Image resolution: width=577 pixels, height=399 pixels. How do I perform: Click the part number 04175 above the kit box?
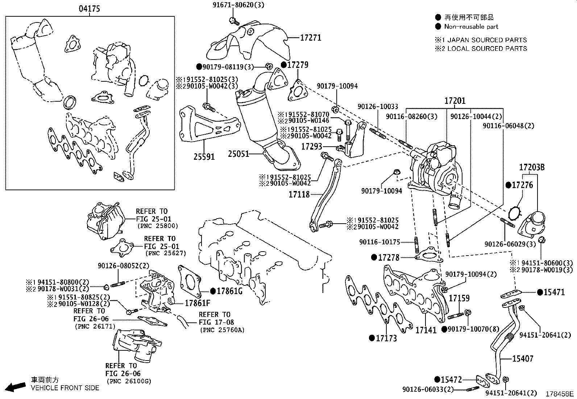[x=90, y=9]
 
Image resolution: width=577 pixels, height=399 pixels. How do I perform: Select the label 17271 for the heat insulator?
[x=311, y=37]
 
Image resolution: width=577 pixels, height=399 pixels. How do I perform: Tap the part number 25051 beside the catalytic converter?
[x=238, y=154]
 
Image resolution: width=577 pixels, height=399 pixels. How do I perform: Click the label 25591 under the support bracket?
[x=204, y=157]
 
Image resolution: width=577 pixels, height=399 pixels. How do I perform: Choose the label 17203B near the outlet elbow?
[x=532, y=167]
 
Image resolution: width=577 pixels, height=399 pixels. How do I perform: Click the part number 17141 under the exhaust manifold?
[x=426, y=330]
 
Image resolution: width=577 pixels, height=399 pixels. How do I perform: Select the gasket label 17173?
[x=386, y=338]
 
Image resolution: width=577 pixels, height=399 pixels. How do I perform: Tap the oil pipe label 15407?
[x=523, y=359]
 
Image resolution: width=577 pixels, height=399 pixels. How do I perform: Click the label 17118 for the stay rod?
[x=299, y=195]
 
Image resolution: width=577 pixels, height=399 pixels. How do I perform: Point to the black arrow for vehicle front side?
[x=16, y=387]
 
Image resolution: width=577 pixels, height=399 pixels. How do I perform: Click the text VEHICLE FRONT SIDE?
[x=65, y=388]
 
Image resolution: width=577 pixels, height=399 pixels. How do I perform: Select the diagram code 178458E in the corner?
[x=560, y=394]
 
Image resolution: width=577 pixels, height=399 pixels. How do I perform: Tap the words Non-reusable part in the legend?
[x=471, y=27]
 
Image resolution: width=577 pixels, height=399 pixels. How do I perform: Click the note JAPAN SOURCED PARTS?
[x=487, y=40]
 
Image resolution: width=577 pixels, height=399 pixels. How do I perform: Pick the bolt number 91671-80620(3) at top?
[x=239, y=5]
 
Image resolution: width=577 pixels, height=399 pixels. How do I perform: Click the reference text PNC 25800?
[x=158, y=226]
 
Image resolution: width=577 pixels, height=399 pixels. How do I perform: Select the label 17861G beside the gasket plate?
[x=230, y=291]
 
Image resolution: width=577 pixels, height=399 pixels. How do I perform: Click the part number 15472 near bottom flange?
[x=452, y=380]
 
